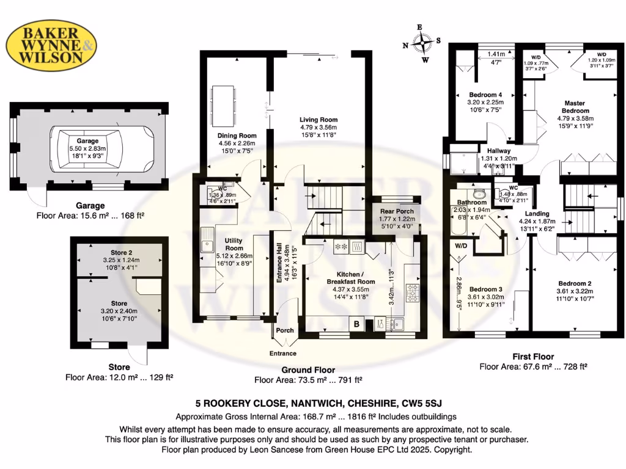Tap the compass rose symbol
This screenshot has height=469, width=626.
click(x=422, y=43)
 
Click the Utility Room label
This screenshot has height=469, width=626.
click(x=234, y=245)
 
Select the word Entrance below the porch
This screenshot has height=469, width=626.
click(x=283, y=354)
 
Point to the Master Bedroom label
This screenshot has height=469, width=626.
click(x=573, y=107)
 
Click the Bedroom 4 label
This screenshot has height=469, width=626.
click(x=485, y=95)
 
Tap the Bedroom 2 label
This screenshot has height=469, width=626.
click(x=573, y=283)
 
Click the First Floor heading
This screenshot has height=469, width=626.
click(x=533, y=357)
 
